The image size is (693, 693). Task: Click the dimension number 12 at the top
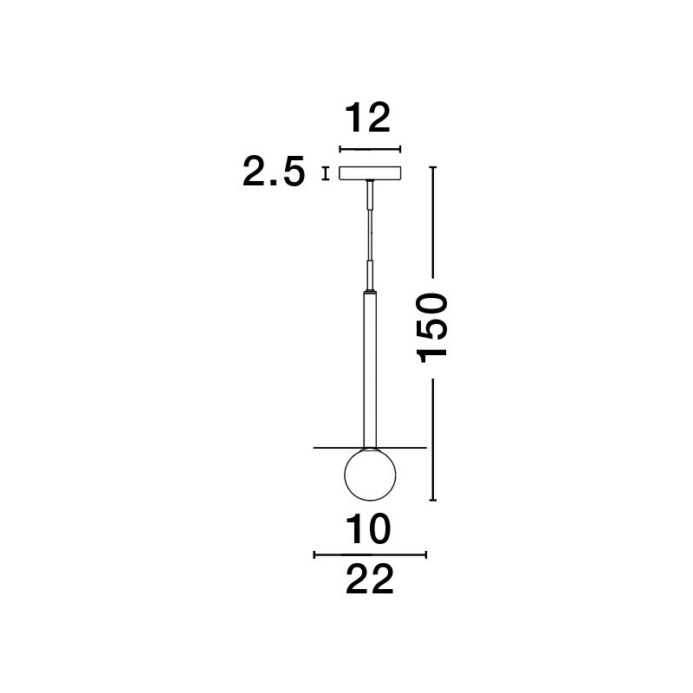pos(367,118)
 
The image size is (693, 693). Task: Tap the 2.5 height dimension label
pos(274,171)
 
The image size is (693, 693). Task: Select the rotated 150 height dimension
pos(432,328)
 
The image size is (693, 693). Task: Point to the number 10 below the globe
pos(368,529)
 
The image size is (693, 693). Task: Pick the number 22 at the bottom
pos(370,579)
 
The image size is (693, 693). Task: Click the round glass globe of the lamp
pos(371,475)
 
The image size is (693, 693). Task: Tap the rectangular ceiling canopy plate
pos(370,173)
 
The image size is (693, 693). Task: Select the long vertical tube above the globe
pos(370,371)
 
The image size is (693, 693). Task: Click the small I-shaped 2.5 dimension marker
pos(326,173)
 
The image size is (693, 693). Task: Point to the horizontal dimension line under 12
pos(370,149)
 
